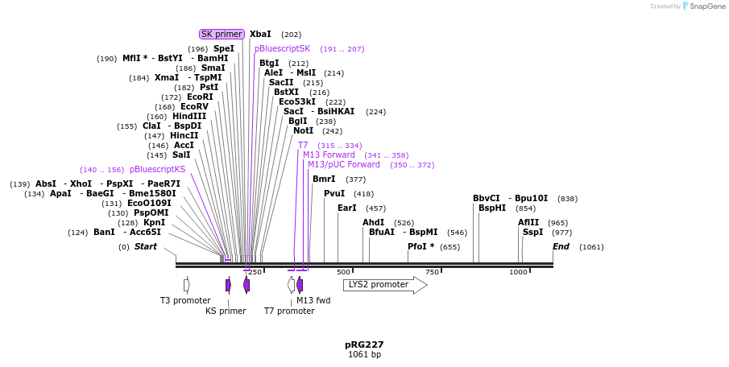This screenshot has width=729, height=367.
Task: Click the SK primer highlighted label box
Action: tap(222, 34)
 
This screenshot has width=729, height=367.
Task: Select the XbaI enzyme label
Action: tap(260, 35)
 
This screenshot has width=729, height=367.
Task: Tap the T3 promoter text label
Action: tap(185, 301)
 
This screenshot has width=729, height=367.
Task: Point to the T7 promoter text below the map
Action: tap(289, 311)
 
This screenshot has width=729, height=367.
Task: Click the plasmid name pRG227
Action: tap(364, 344)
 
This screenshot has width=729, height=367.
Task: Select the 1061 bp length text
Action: tap(364, 355)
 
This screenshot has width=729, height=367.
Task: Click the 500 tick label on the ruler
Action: tap(343, 272)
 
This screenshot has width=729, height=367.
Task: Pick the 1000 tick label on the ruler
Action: tap(518, 272)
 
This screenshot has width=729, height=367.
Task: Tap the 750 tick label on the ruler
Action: tap(432, 272)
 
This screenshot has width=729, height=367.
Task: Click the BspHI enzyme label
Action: tap(492, 208)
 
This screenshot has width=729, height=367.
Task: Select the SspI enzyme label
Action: tap(533, 233)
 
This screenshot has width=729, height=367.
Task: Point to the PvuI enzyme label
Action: tap(334, 194)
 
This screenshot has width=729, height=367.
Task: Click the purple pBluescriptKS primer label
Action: tap(157, 170)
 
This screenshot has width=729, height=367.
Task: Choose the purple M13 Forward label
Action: tap(329, 155)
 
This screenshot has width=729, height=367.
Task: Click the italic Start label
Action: tap(146, 247)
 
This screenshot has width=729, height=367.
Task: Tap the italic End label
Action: tap(561, 247)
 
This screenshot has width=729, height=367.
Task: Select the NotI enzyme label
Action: tap(304, 131)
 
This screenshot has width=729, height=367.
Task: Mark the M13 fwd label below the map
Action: tap(313, 301)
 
